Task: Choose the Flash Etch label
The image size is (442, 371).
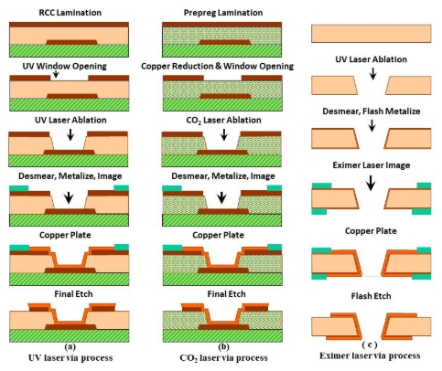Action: (x=371, y=296)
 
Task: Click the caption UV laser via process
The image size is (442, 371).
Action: (x=70, y=356)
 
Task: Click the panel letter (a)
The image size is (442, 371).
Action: (x=70, y=344)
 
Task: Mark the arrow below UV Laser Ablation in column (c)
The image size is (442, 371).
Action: (x=371, y=75)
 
